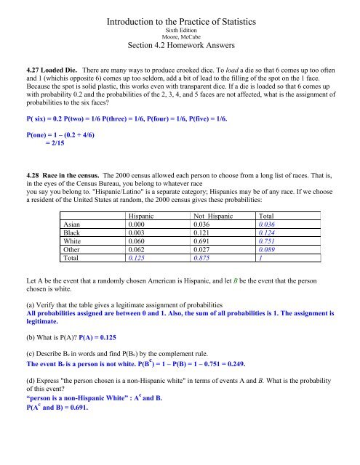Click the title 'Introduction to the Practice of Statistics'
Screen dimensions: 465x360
click(180, 13)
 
